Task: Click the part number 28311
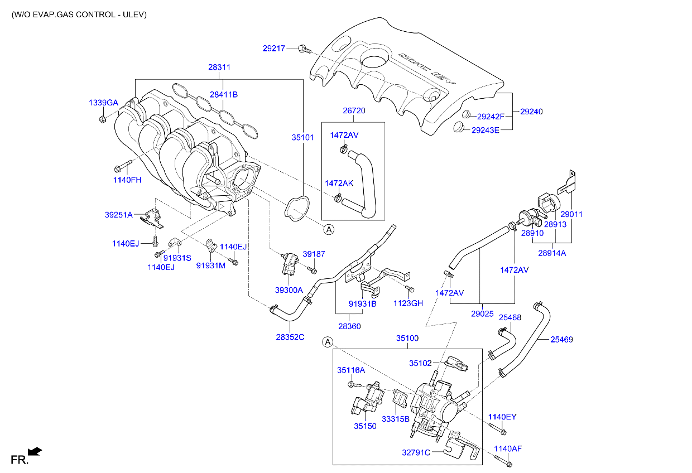point(219,67)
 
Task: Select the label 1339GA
point(103,103)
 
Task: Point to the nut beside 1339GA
point(103,119)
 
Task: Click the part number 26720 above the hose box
point(353,111)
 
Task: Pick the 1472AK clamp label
point(339,183)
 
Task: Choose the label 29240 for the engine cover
point(531,112)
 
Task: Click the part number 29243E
point(485,130)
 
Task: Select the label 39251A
point(119,215)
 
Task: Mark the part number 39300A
point(289,290)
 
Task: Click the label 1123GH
point(408,303)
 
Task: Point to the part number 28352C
point(290,336)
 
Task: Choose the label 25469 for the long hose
point(561,339)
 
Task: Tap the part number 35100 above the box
point(407,338)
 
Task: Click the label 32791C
point(416,452)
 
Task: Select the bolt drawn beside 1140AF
point(502,461)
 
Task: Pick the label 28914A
point(552,253)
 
